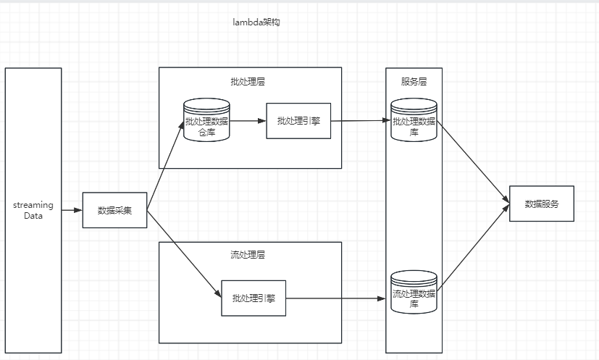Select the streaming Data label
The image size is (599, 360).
(33, 211)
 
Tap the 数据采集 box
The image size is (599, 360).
(114, 210)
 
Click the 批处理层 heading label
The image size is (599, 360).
(248, 82)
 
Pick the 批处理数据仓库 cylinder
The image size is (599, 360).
(206, 121)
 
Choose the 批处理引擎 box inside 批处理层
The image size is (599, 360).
(298, 121)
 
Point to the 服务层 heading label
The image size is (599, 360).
(414, 82)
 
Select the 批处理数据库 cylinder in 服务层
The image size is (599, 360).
(414, 121)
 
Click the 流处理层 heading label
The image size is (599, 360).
(248, 255)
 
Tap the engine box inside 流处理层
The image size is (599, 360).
(254, 298)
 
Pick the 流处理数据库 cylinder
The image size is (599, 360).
(414, 293)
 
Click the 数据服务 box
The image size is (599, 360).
(541, 204)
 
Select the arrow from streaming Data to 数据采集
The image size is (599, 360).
(72, 210)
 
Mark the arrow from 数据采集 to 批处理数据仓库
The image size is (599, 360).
(165, 167)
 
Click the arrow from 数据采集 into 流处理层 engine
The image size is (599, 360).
(183, 252)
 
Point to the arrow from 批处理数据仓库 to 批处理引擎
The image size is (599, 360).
(248, 121)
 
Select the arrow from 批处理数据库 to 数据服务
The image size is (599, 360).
(472, 162)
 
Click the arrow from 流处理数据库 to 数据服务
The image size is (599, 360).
(472, 249)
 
